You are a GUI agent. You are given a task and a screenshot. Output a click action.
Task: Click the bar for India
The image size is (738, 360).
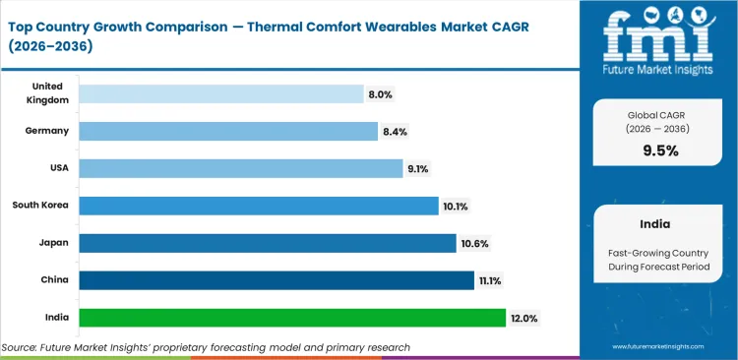tap(291, 318)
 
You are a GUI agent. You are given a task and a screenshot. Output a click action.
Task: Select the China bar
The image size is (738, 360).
tap(277, 280)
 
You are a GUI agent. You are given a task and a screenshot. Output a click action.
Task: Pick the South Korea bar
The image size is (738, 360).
tap(259, 206)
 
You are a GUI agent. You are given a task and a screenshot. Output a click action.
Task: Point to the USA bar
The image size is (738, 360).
tap(241, 168)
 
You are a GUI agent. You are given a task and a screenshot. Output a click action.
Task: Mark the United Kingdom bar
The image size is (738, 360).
tap(221, 93)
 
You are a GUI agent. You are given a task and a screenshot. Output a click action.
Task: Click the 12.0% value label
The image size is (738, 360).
tap(524, 318)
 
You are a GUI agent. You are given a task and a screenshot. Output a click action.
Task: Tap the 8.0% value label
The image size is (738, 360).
tap(381, 93)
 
